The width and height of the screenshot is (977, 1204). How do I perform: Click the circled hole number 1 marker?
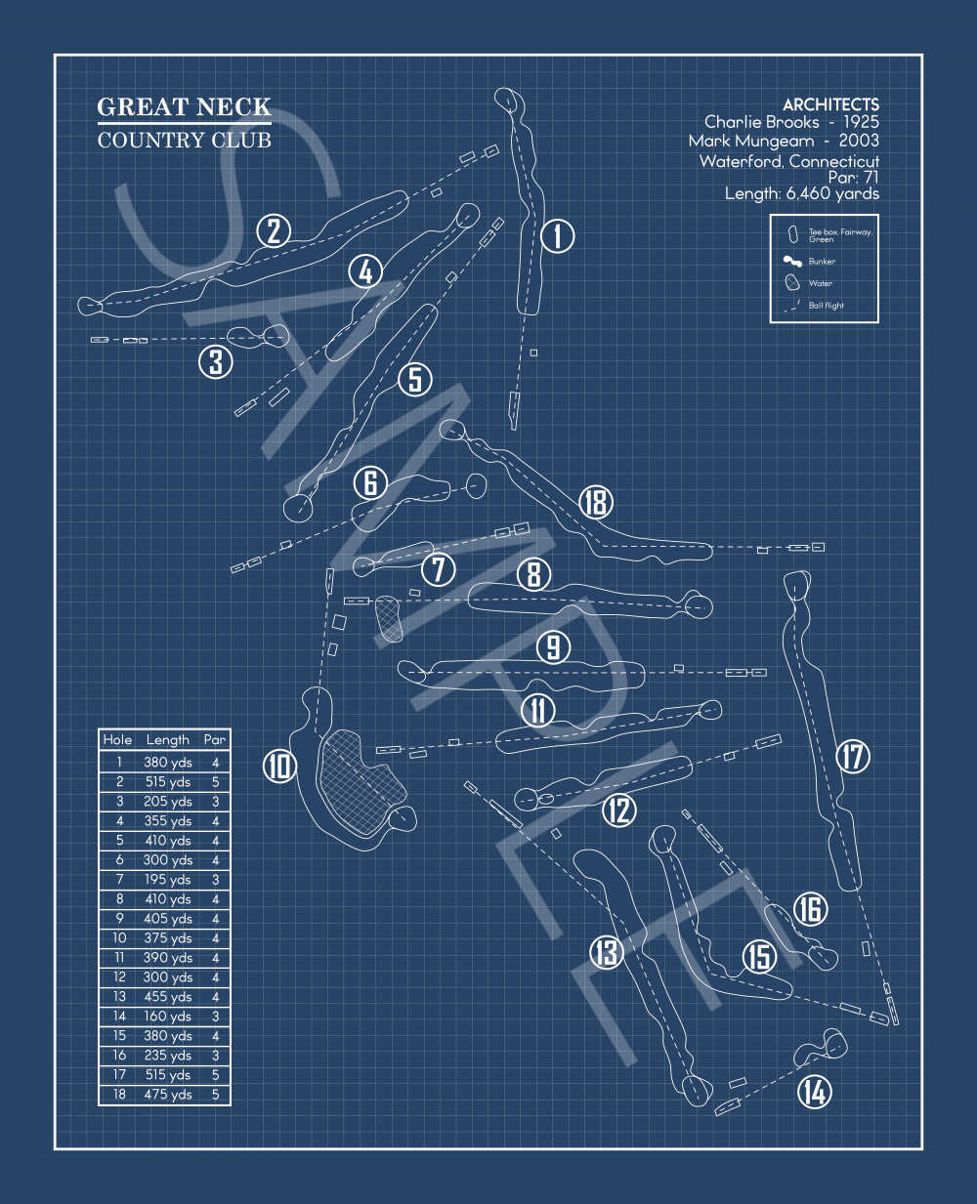[558, 235]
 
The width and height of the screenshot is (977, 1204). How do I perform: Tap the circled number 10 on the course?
[279, 766]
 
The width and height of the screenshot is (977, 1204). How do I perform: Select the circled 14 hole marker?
[815, 1091]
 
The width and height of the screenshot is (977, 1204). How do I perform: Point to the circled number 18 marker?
[595, 502]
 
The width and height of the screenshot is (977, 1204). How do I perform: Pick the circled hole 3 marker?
[216, 361]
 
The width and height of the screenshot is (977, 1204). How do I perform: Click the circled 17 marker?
[853, 755]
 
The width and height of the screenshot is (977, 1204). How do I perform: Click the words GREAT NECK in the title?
[184, 106]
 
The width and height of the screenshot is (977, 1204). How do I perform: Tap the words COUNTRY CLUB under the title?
[184, 140]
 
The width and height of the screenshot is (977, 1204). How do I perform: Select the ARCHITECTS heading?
[830, 104]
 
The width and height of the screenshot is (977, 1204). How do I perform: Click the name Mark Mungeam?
[750, 141]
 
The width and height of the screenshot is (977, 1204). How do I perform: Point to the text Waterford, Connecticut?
[789, 161]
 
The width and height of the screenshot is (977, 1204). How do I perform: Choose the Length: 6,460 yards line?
[801, 193]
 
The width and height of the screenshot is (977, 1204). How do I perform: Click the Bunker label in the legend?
[822, 262]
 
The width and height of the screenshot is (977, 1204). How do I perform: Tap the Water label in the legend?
[821, 283]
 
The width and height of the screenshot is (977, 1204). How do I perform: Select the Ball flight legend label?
[826, 306]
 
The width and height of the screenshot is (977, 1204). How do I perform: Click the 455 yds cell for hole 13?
[168, 997]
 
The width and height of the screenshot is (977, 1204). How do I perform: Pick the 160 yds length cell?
[168, 1017]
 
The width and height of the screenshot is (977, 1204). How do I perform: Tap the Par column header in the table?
[215, 740]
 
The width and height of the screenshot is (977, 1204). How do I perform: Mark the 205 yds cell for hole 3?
[168, 802]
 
